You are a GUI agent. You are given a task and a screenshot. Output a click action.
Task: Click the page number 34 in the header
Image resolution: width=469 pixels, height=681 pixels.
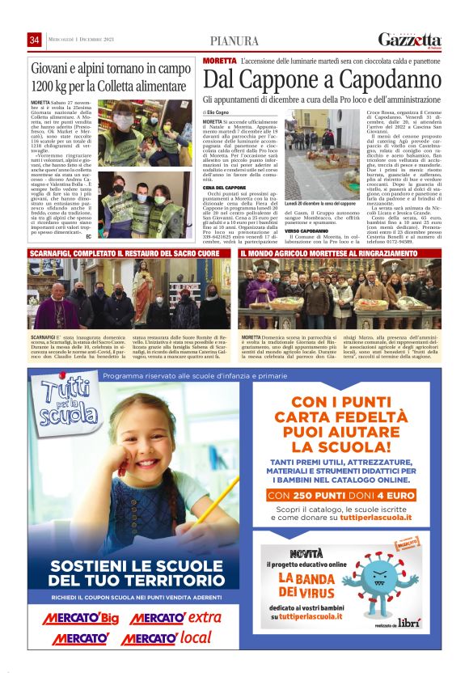coord(35,40)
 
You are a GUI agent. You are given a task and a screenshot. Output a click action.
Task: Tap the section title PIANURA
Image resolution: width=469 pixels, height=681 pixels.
coord(234,41)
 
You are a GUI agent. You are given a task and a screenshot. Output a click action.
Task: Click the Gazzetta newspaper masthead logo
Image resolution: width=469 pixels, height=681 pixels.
coord(410,40)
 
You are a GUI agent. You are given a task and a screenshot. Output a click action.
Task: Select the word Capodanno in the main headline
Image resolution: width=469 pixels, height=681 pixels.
coord(384,79)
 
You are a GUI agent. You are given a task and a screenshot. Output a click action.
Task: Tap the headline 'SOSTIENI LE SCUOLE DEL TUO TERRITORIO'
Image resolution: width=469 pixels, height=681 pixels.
coord(120,573)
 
